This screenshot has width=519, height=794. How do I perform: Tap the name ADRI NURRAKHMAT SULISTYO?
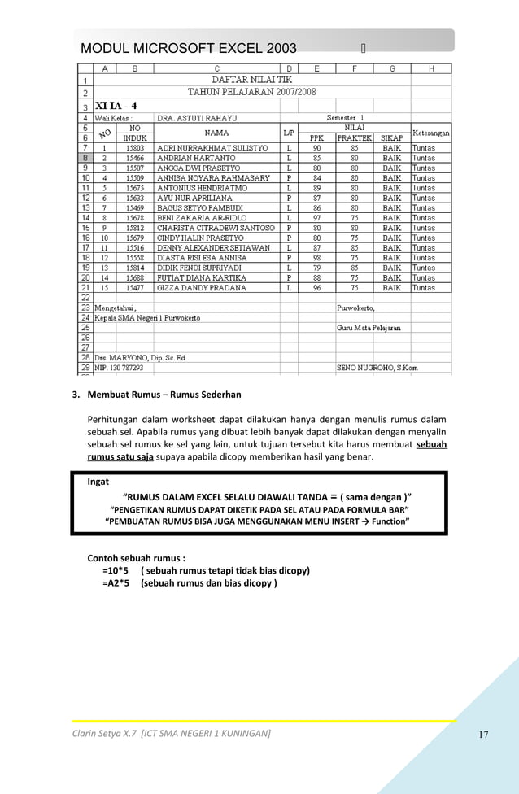pyautogui.click(x=212, y=148)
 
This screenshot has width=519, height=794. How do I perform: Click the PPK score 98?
pyautogui.click(x=316, y=258)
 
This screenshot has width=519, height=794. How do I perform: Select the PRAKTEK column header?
pyautogui.click(x=355, y=138)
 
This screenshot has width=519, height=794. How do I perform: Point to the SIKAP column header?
pyautogui.click(x=392, y=138)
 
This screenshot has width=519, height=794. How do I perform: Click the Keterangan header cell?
pyautogui.click(x=431, y=133)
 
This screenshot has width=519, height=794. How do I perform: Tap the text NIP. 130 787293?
pyautogui.click(x=120, y=367)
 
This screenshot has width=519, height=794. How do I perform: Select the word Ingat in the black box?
pyautogui.click(x=98, y=482)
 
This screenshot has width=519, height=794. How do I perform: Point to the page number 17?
pyautogui.click(x=483, y=735)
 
